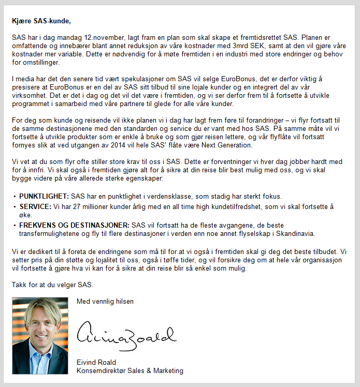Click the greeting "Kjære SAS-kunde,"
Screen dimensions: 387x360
point(40,21)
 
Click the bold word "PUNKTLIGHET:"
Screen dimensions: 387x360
point(44,197)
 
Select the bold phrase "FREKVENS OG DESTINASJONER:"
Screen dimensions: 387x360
point(75,225)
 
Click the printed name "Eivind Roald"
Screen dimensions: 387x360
point(96,362)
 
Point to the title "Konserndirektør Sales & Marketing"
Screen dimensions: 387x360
point(129,370)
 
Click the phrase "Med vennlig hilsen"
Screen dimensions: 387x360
point(105,301)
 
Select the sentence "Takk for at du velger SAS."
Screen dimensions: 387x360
point(53,285)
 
